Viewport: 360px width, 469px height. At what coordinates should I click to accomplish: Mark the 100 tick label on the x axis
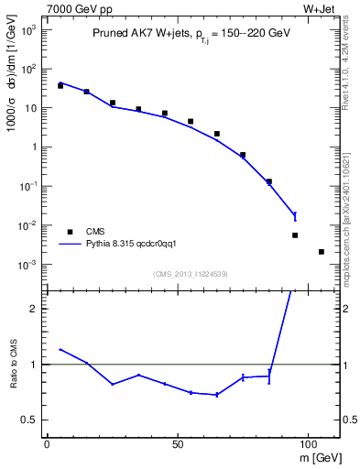[x=307, y=442]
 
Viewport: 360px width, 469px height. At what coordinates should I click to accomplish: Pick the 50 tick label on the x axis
[x=177, y=442]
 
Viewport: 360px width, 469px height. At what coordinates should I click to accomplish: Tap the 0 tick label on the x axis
[x=48, y=442]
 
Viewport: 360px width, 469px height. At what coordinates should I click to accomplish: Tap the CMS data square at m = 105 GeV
[x=321, y=252]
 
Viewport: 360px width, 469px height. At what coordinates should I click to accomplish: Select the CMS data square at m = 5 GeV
[x=60, y=85]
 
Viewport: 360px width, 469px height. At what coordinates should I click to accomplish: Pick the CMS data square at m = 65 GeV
[x=217, y=134]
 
